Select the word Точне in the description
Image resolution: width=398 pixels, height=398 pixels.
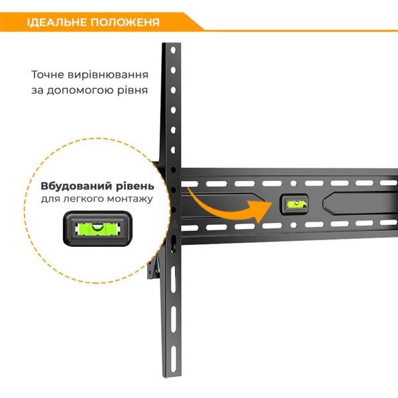(x=47, y=75)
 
